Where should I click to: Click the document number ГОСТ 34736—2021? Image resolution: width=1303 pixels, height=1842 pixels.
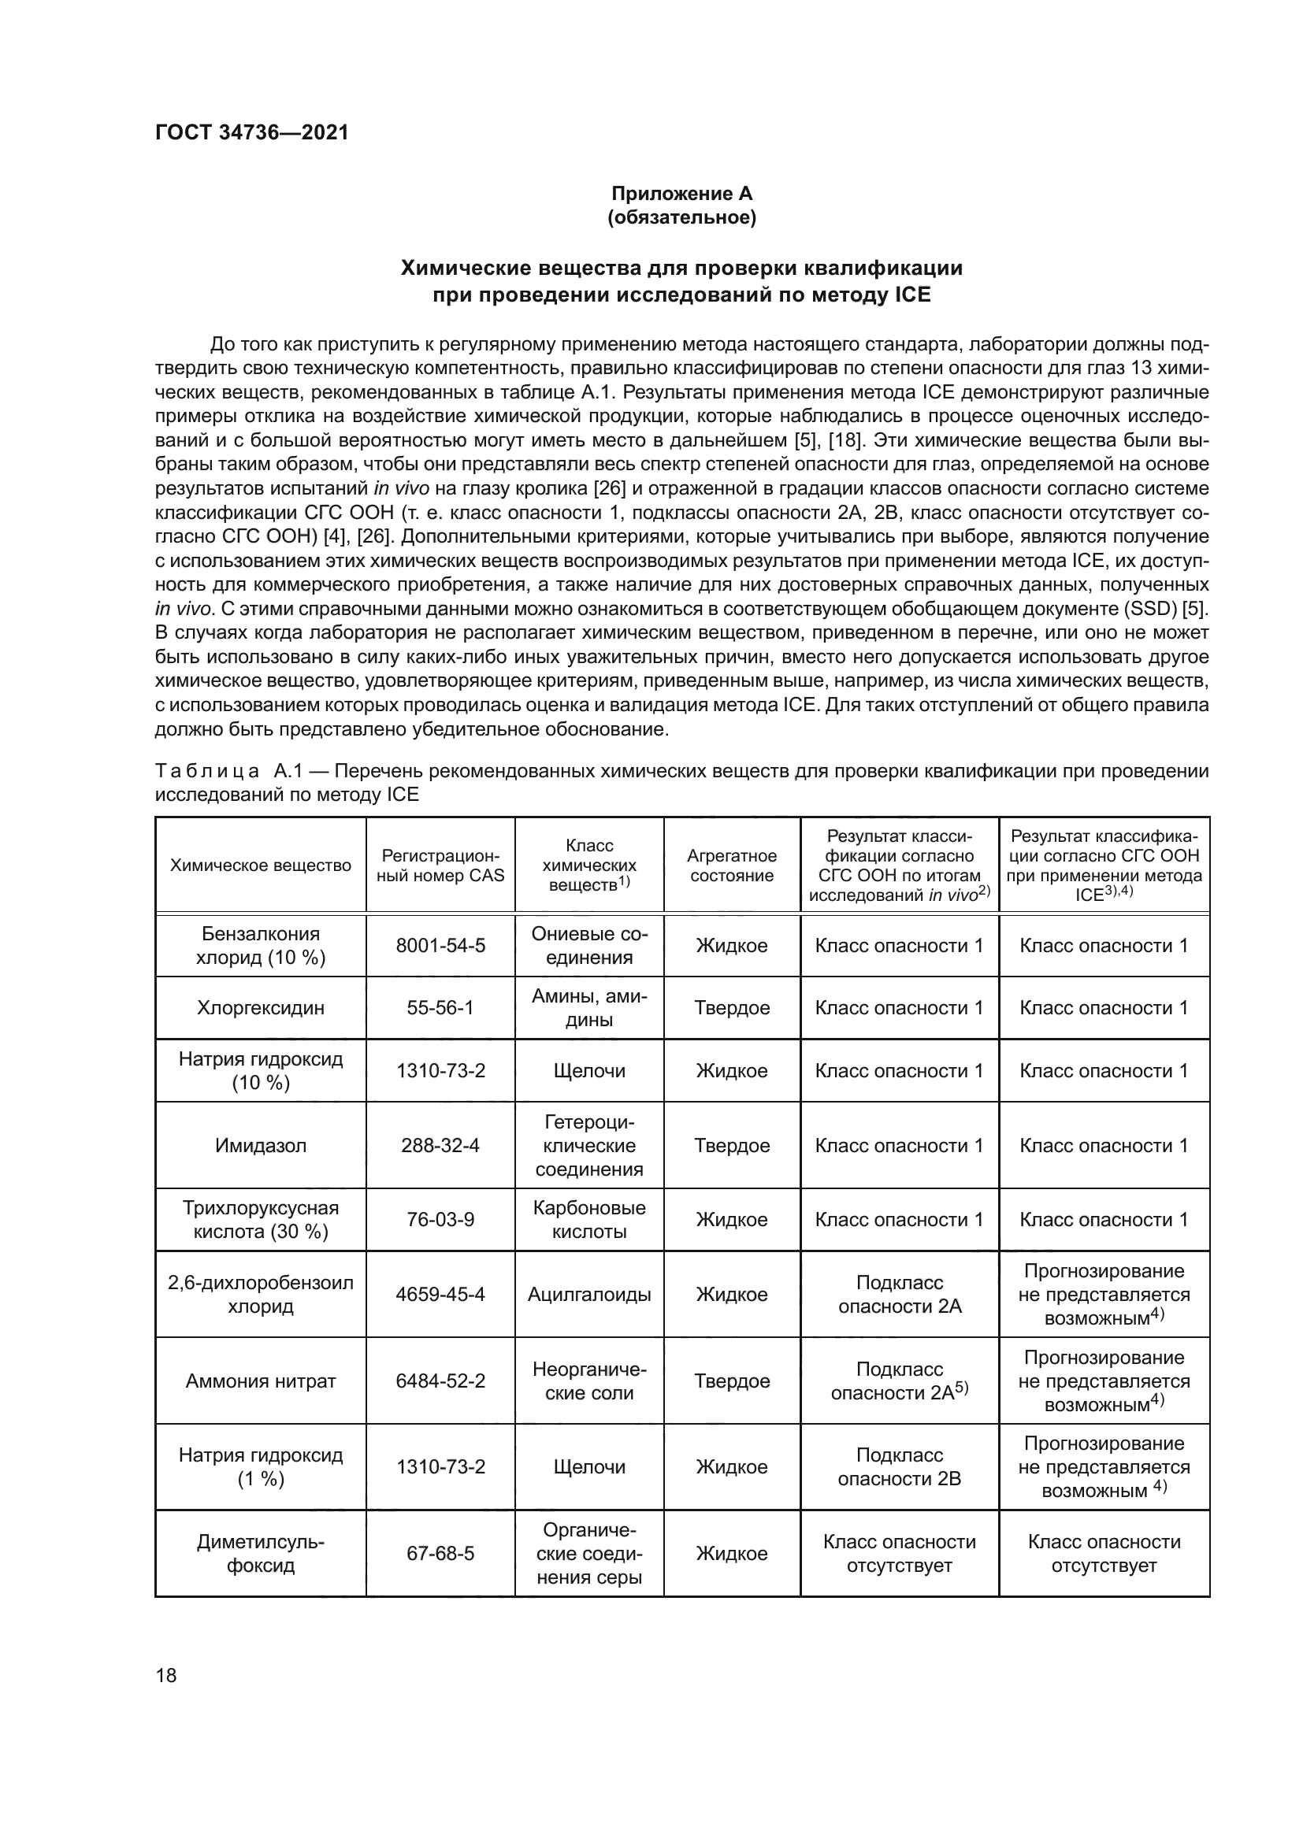point(251,132)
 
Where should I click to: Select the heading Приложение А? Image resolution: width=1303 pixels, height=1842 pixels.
point(681,194)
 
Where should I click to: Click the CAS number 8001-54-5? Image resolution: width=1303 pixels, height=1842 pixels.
point(440,946)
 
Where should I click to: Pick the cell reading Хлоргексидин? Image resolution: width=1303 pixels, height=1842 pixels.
point(261,1009)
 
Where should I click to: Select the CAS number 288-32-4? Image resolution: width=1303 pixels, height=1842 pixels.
point(440,1146)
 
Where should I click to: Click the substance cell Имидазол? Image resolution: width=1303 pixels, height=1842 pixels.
point(261,1146)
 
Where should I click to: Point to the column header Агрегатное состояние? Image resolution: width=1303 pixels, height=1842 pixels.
point(732,865)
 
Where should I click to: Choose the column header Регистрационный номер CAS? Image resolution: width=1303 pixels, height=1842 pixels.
point(440,865)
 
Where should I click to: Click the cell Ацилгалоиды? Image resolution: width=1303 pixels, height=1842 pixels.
point(589,1295)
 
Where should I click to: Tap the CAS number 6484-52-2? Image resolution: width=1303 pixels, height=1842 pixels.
point(440,1381)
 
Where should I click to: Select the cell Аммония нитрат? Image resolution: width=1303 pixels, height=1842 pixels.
point(261,1381)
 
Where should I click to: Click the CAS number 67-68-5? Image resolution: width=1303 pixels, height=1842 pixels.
point(440,1554)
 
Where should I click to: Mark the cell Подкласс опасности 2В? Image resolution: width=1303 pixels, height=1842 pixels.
point(900,1467)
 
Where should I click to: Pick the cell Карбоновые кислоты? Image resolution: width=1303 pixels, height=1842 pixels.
point(589,1220)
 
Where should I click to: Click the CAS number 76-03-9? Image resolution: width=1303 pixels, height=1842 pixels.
point(440,1220)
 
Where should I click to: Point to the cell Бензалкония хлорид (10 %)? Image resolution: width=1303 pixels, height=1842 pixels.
point(261,946)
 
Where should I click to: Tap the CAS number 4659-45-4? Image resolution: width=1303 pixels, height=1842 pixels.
point(440,1295)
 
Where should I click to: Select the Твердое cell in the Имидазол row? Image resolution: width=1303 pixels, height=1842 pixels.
point(732,1146)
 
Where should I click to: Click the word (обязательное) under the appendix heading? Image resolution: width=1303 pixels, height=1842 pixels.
point(681,217)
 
